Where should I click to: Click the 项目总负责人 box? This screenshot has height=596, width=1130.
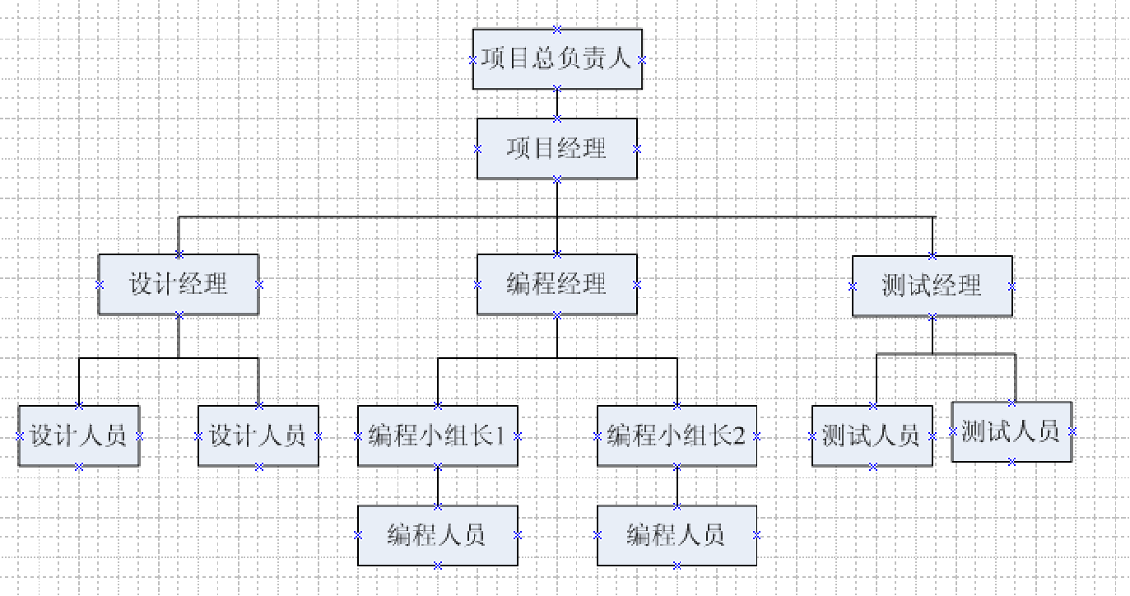(x=557, y=59)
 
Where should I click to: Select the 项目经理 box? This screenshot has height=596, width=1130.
(x=557, y=148)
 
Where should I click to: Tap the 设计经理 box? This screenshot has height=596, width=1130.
(x=179, y=284)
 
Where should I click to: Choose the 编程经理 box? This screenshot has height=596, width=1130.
(x=557, y=284)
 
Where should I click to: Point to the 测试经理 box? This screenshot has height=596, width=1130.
(x=932, y=286)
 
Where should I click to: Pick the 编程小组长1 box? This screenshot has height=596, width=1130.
(x=437, y=435)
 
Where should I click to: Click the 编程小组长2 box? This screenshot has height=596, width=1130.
(x=677, y=435)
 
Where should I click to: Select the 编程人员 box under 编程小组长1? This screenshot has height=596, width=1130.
(x=437, y=535)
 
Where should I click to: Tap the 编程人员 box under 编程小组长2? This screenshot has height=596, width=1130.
(x=677, y=535)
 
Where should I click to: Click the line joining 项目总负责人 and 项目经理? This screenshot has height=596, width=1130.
(x=557, y=104)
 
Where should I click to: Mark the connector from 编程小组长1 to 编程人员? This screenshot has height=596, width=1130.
(x=437, y=486)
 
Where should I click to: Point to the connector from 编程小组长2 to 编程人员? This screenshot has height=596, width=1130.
(x=677, y=486)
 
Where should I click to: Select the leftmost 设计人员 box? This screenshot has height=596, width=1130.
(x=79, y=435)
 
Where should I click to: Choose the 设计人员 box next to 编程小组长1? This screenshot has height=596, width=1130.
(x=258, y=435)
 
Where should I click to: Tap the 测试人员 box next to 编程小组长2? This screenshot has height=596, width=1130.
(x=872, y=435)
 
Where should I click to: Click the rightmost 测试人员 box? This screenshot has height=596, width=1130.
(x=1011, y=431)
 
